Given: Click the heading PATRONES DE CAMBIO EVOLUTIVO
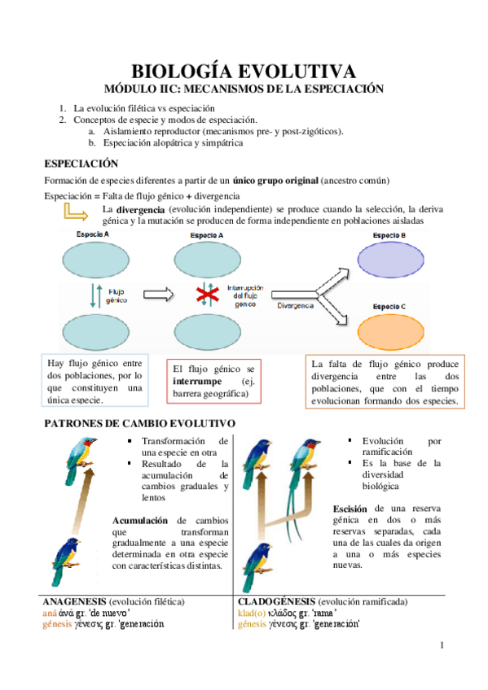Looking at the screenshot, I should coord(139,424).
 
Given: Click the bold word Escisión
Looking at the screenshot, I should coord(350,509).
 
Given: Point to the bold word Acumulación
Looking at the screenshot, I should coord(140,520).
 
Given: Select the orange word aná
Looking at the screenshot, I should coord(49,613).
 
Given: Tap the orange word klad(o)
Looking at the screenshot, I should coord(251,613).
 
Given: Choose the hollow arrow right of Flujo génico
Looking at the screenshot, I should coord(165,293).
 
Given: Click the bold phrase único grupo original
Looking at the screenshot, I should coord(275,179).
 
